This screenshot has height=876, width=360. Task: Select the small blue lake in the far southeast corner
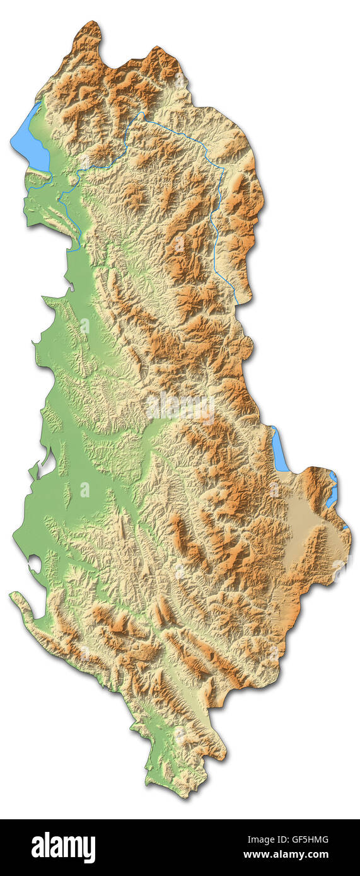click(x=332, y=488)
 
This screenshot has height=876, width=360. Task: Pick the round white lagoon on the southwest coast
click(x=35, y=563)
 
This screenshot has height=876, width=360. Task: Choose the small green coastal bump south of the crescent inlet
click(x=33, y=471)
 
